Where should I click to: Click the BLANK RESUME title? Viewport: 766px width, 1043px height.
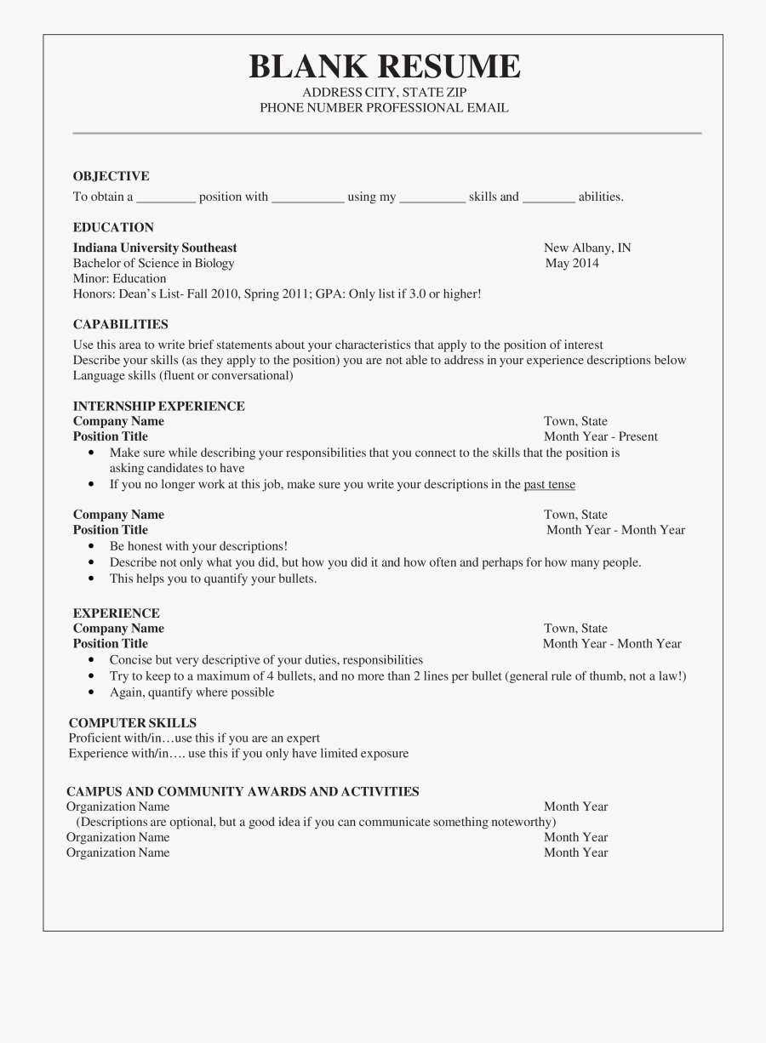tap(384, 66)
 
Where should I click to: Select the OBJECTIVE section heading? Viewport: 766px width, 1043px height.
tap(111, 176)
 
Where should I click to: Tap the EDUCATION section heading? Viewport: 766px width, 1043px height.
tap(113, 227)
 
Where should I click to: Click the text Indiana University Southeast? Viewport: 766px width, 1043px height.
tap(155, 248)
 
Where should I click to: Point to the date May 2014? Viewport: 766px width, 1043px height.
tap(572, 263)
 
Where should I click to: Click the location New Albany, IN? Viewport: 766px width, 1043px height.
tap(587, 248)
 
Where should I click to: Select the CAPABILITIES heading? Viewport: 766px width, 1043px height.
tap(120, 324)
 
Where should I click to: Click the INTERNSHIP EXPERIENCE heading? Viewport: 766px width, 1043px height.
tap(158, 406)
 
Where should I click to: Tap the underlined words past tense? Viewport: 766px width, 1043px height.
tap(549, 485)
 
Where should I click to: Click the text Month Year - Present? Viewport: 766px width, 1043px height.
tap(600, 436)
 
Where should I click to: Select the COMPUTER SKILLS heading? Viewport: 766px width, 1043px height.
tap(132, 723)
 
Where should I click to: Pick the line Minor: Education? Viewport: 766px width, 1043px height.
tap(119, 278)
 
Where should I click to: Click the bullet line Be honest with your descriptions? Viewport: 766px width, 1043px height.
tap(198, 546)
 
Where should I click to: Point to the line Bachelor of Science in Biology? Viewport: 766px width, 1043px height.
tap(153, 263)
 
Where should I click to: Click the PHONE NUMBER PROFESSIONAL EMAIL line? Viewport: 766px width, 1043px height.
tap(384, 108)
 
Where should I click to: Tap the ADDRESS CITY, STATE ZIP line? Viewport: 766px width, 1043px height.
tap(384, 92)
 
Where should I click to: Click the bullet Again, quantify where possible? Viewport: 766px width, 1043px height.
tap(191, 692)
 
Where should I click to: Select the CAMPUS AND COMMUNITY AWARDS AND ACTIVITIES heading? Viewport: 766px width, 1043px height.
tap(243, 791)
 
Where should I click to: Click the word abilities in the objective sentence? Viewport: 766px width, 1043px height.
tap(600, 197)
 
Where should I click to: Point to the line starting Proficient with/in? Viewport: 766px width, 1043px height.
tap(194, 738)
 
